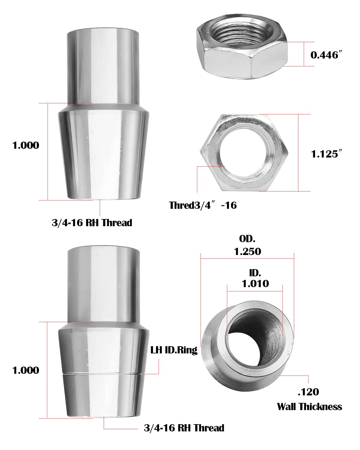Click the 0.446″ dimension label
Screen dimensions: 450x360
click(326, 55)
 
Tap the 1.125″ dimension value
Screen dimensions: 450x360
click(326, 154)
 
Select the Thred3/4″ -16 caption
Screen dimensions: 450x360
click(203, 205)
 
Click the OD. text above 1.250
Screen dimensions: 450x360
click(247, 239)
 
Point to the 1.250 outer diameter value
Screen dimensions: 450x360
click(247, 251)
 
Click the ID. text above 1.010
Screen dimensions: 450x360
click(255, 273)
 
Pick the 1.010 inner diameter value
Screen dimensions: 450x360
click(255, 283)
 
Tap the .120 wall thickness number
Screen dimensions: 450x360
click(308, 392)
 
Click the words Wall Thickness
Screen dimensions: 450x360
click(309, 406)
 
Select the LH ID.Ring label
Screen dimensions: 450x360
click(174, 350)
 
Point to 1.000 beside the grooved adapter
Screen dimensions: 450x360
click(26, 370)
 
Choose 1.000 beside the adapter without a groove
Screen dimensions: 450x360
click(26, 145)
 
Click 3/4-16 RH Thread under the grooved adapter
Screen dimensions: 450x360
click(184, 427)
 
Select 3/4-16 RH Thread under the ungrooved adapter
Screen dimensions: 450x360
click(92, 223)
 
